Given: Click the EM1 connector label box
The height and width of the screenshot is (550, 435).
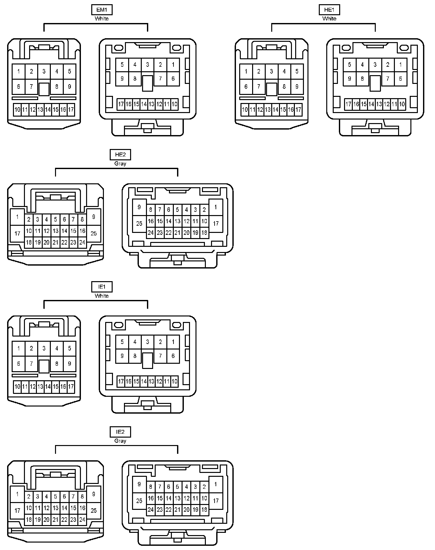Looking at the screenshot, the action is pos(102,10).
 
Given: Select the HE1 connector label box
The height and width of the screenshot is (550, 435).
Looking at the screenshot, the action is pos(329,10).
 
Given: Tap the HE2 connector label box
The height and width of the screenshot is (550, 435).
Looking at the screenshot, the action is pos(120,155).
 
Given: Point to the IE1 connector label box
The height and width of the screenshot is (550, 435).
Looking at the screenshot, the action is pos(102,287).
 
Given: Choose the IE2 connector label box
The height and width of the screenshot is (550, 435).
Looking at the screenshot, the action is pos(120,432).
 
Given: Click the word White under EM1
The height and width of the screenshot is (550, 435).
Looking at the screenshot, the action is pos(102,18).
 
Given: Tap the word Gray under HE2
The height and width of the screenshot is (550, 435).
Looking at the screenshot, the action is pos(120,164).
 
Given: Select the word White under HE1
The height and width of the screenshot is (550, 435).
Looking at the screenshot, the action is pos(329,18).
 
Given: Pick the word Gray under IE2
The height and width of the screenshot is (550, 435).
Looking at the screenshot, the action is pos(120,441).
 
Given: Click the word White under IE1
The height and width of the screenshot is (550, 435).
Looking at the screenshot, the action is pos(102,296).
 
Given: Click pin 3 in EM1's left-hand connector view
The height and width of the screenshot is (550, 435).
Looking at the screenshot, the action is pos(44,72).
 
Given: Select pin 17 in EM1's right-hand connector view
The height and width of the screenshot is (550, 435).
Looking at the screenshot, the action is pos(121,104).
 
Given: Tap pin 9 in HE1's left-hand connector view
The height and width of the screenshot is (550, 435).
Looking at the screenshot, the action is pos(297,86).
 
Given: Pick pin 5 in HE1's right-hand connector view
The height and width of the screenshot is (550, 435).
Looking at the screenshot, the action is pos(349,65).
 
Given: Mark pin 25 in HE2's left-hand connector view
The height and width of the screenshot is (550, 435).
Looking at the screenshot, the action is pos(94,233).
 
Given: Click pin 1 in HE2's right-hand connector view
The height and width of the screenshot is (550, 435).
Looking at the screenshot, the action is pos(216,207).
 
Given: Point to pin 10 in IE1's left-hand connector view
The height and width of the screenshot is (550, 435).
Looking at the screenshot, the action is pos(17,386).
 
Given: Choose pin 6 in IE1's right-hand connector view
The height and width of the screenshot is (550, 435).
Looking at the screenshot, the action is pos(173,356).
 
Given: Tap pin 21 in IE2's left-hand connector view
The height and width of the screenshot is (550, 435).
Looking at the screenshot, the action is pos(55,520).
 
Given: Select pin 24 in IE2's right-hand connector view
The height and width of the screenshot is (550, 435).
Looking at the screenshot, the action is pos(151,510).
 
